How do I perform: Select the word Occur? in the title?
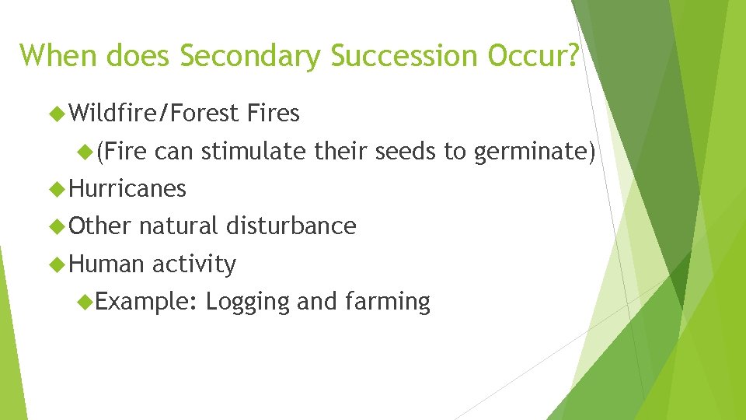[534, 55]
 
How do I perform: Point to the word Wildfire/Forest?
[154, 114]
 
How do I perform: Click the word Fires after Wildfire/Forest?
[273, 114]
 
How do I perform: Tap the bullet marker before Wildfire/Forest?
[55, 114]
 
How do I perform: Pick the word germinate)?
[535, 152]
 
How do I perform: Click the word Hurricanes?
[127, 188]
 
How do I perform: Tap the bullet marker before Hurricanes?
[55, 189]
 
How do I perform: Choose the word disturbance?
[291, 226]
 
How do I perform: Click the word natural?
[180, 226]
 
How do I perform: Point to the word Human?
[106, 264]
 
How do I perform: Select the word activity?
[194, 264]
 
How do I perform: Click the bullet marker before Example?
[87, 302]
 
